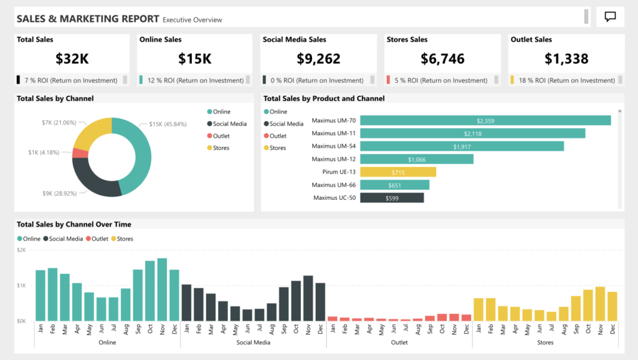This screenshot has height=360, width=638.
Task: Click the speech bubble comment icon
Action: click(610, 17)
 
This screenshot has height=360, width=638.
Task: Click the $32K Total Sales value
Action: click(72, 59)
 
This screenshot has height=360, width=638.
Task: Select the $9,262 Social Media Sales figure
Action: click(318, 59)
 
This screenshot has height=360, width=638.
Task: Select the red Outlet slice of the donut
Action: click(80, 153)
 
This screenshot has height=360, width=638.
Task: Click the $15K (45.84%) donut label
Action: click(168, 124)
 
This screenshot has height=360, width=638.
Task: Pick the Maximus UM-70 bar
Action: click(485, 121)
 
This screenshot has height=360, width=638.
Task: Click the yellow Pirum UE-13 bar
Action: click(398, 172)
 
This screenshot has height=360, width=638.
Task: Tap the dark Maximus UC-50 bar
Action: click(392, 197)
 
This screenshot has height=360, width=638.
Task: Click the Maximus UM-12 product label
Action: click(333, 159)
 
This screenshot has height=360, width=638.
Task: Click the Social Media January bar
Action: click(186, 303)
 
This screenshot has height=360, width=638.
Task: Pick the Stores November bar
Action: click(600, 304)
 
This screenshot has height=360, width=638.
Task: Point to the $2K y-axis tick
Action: click(21, 250)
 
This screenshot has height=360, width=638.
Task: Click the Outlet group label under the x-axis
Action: click(399, 342)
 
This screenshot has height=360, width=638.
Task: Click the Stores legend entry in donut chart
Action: click(221, 148)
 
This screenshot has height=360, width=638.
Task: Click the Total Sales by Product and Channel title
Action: click(324, 98)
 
